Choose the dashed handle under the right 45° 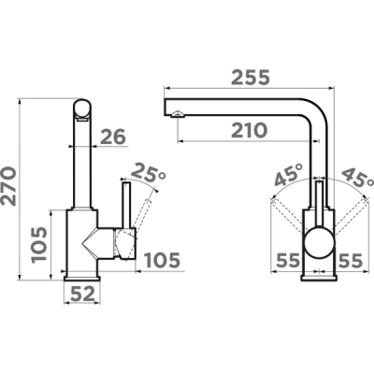348,215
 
